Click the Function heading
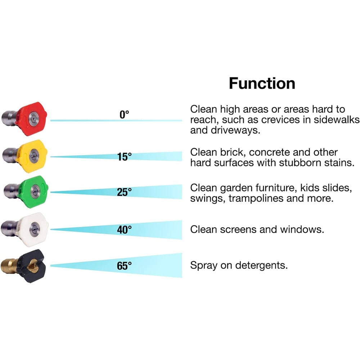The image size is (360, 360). coord(262,83)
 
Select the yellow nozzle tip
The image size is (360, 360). coord(33,156)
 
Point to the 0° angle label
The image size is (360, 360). coord(124,115)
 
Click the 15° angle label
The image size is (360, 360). coord(124,157)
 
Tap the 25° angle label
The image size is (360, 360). coord(124,192)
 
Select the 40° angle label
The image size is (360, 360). coord(124,230)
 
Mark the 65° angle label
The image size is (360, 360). coord(124,266)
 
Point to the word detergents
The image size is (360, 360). coord(261,266)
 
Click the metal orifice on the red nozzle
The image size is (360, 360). coord(33,118)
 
